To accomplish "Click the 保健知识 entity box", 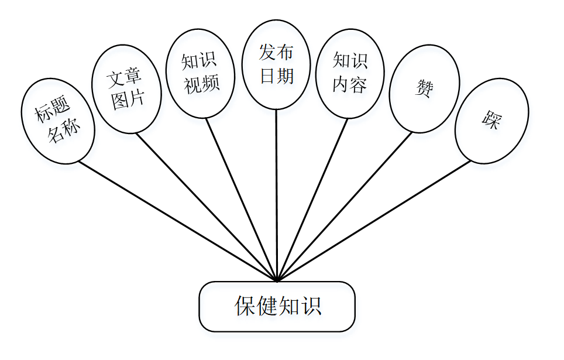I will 277,306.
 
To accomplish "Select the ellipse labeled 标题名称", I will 57,121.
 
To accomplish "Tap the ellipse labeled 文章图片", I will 126,89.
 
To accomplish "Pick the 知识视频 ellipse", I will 200,74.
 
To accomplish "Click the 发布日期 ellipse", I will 276,64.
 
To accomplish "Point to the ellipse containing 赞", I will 424,88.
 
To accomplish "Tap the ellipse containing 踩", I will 491,121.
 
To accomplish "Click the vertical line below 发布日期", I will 276,193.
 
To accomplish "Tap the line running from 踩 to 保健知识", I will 374,220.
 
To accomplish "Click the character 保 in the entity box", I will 245,306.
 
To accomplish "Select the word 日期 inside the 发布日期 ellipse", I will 276,76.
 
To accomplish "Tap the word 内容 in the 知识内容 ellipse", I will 350,85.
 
